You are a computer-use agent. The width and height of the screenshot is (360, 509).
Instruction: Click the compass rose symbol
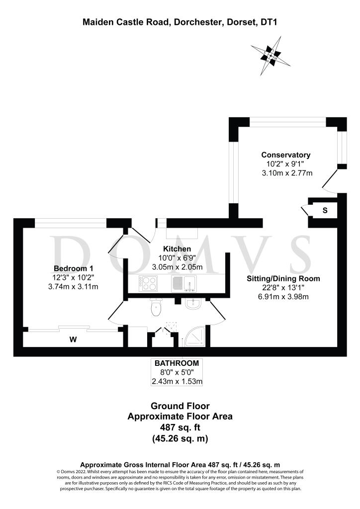pos(270,56)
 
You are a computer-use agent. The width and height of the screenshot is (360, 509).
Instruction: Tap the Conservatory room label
pos(285,155)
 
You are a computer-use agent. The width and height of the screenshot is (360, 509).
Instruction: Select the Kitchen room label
pos(177,249)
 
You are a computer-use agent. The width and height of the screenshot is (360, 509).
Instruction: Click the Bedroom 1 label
pos(74,268)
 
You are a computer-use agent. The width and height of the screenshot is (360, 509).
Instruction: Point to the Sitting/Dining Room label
pos(283,278)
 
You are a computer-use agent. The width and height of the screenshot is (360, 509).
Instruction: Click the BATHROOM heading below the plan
pos(177,363)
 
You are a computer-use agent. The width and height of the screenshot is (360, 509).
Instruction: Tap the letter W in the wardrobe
pos(73,339)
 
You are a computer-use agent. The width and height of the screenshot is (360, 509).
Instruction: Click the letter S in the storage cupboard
pos(325,210)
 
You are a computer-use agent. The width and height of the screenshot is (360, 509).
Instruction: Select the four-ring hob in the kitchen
pos(148,283)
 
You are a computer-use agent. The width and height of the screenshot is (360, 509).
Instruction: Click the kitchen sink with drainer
pos(184,283)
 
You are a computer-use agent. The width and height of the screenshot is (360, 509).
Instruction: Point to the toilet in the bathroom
pos(156,307)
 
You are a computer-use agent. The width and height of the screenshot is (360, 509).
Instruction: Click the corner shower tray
pos(194,337)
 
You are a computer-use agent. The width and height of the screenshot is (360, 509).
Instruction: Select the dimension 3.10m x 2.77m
pos(287,173)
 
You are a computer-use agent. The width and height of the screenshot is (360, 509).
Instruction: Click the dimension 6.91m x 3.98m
pos(283,297)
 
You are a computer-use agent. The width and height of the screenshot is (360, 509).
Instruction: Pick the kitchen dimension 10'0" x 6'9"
pos(177,258)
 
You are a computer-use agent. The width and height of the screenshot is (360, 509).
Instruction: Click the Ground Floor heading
pos(180,406)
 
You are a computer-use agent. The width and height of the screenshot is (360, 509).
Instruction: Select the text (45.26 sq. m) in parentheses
pos(180,438)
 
